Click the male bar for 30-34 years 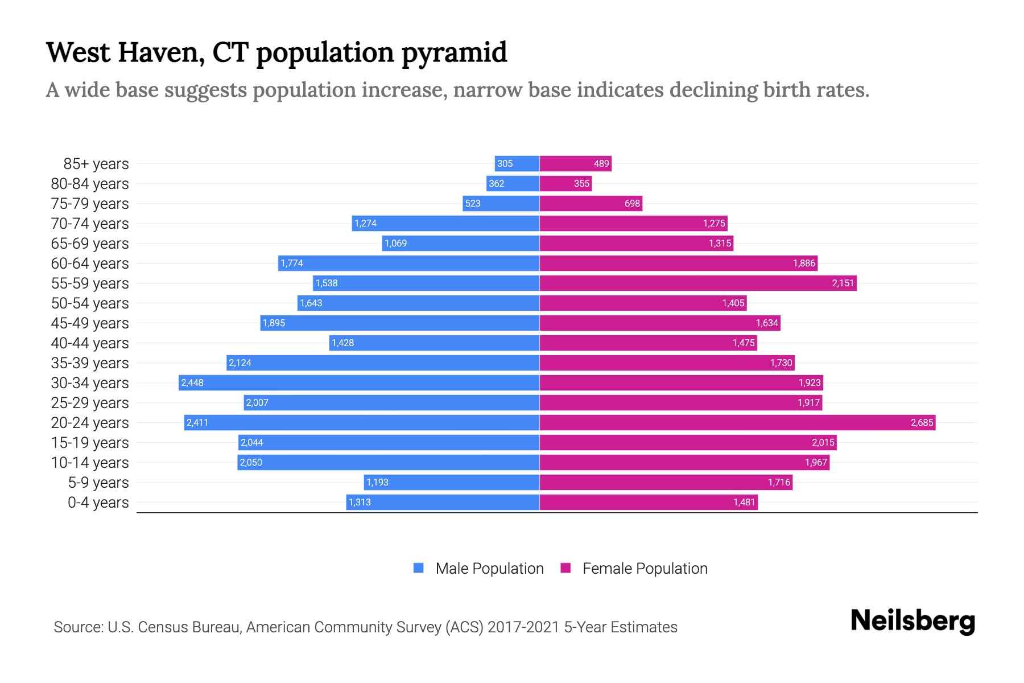point(359,382)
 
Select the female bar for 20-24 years point(737,422)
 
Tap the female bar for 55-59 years point(698,283)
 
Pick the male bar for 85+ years point(517,163)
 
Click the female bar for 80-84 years point(565,183)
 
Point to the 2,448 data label point(192,382)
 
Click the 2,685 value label point(922,422)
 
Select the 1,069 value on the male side point(395,243)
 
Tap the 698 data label point(632,203)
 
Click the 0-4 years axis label point(98,502)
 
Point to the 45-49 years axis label point(90,323)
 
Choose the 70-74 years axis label point(90,223)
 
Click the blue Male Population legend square point(419,568)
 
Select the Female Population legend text point(645,568)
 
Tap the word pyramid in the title point(453,52)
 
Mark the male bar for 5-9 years point(452,482)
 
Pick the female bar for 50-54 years point(643,303)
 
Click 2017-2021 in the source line point(523,627)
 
